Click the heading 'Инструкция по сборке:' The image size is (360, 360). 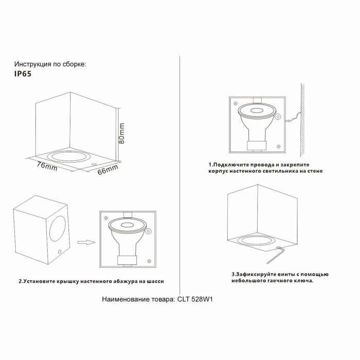point(50,64)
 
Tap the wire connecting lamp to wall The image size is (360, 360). point(291,119)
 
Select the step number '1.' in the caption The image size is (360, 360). point(210,164)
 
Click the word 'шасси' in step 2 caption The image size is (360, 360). point(155,281)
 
